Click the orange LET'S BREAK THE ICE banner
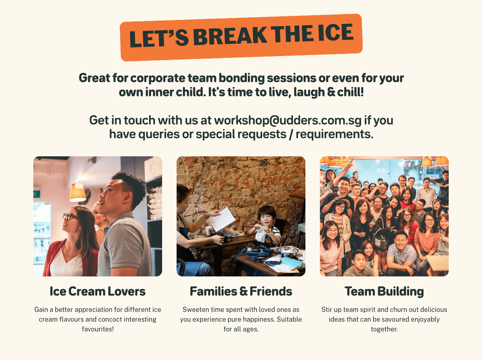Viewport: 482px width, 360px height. point(241,37)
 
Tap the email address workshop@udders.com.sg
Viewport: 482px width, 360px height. point(288,120)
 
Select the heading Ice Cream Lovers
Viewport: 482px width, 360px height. point(98,291)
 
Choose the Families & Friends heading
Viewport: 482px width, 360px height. point(241,291)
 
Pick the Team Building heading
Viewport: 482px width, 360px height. point(384,291)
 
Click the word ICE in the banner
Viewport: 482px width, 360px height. point(335,33)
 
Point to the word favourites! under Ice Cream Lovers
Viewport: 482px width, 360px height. point(98,329)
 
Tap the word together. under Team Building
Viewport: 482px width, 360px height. point(384,329)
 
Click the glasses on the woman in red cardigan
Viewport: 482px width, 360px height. point(70,216)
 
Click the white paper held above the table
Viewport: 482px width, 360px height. point(222,219)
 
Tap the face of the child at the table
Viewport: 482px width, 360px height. point(265,217)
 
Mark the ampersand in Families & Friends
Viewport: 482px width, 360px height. point(244,292)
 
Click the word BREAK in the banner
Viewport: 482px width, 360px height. point(230,36)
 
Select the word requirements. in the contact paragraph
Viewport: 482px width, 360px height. point(334,134)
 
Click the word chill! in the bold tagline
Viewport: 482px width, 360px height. point(350,92)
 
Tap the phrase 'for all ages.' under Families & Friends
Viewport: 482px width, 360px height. point(241,329)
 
